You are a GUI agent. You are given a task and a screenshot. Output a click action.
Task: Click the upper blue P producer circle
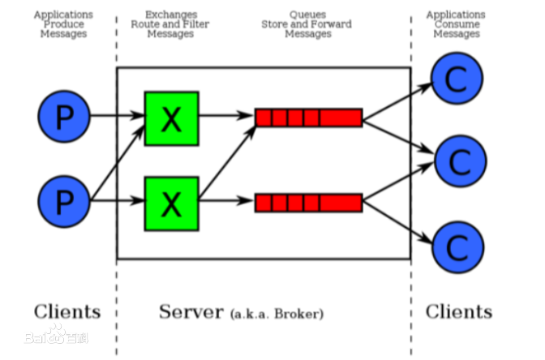[64, 117]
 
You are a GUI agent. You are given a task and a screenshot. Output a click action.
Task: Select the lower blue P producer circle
[64, 202]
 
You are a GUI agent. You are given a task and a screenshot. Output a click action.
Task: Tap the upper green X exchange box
[172, 118]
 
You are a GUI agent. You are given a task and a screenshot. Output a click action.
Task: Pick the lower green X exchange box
[172, 204]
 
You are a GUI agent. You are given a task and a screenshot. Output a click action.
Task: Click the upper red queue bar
[309, 118]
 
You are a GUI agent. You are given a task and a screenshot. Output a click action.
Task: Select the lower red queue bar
[309, 203]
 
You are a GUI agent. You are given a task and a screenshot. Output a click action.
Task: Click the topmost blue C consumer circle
[457, 78]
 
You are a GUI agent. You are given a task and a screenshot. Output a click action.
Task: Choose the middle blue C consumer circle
[461, 161]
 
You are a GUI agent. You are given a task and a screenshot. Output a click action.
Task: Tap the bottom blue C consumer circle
[458, 247]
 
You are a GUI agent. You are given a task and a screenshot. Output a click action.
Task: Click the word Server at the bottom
[191, 311]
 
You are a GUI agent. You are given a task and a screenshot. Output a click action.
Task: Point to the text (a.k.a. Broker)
[277, 314]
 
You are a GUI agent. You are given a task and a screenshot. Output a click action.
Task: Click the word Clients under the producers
[67, 311]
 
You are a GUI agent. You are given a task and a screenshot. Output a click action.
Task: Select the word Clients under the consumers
[459, 311]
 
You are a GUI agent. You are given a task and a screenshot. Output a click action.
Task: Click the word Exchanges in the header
[171, 15]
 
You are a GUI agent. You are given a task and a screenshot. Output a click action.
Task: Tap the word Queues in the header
[307, 15]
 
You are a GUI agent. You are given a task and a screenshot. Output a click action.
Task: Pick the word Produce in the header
[64, 24]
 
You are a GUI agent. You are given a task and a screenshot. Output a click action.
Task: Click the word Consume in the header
[457, 24]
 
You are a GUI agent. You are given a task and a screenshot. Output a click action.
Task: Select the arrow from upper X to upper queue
[226, 115]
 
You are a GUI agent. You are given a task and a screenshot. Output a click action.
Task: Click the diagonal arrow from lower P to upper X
[118, 162]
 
